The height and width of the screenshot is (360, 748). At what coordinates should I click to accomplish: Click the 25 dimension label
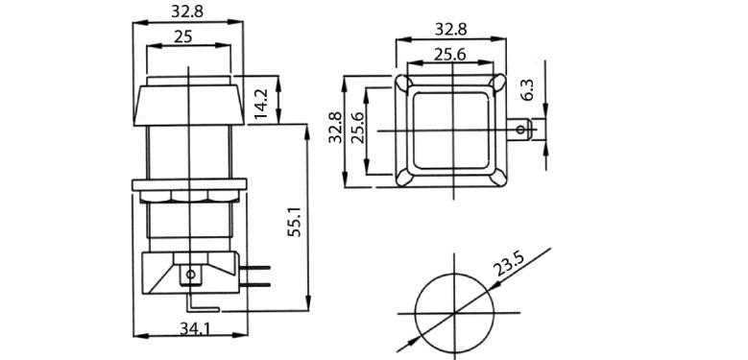[182, 36]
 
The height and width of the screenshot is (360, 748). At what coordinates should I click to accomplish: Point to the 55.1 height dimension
[296, 222]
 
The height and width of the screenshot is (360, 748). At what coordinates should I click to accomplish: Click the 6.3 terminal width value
[527, 89]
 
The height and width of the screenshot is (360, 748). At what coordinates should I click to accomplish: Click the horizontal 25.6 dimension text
[449, 56]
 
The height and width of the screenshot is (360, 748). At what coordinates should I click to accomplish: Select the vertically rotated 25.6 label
[357, 128]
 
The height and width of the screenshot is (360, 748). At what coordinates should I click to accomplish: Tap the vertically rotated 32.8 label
[335, 128]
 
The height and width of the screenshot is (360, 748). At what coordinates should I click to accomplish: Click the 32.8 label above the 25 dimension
[187, 12]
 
